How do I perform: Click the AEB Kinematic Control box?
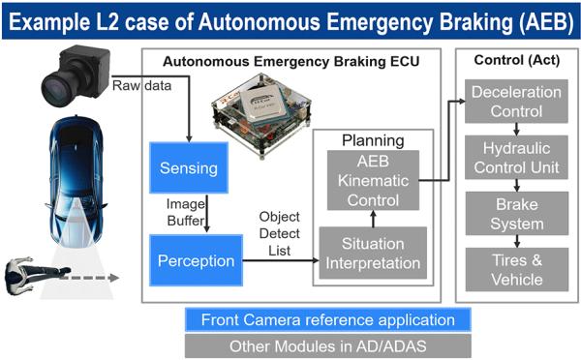[x=373, y=180]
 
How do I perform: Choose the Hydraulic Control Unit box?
[x=516, y=159]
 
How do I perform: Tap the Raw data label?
[x=142, y=85]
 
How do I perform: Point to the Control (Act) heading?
[x=513, y=60]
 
